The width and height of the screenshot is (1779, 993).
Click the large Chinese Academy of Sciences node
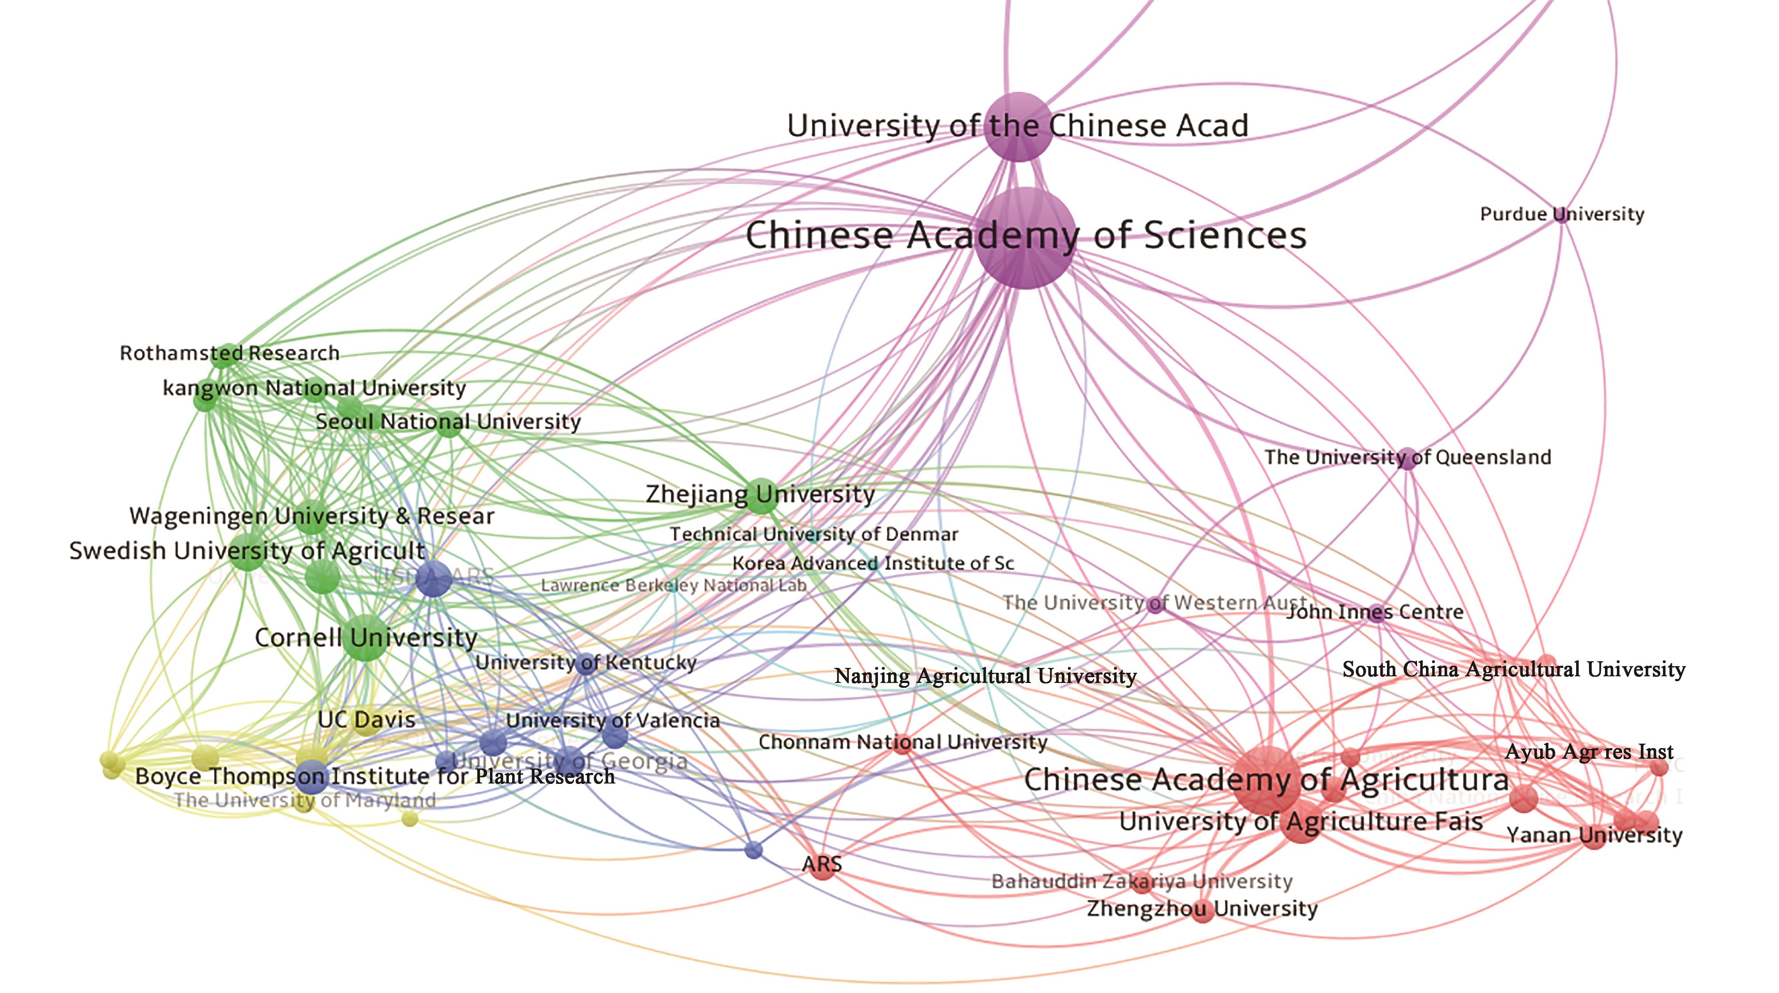coord(1026,238)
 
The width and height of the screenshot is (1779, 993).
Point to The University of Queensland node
coord(1407,458)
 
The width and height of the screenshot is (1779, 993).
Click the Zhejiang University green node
coord(762,496)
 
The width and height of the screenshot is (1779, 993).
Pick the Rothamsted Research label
coord(229,353)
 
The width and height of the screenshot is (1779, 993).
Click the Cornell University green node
coord(365,636)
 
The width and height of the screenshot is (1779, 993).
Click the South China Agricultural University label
coord(1513,669)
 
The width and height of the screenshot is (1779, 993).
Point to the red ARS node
coord(822,866)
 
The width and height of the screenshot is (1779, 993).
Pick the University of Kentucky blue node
coord(587,663)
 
